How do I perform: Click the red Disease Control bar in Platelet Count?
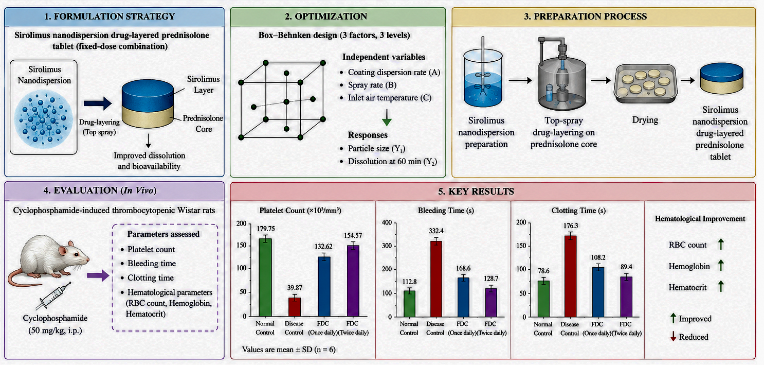click(295, 307)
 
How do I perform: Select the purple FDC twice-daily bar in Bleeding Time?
click(491, 303)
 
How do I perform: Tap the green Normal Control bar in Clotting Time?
click(543, 299)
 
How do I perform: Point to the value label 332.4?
click(436, 231)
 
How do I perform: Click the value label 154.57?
click(353, 235)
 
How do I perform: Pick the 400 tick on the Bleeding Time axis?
click(387, 222)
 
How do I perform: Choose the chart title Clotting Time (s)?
click(578, 211)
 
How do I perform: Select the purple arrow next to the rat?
click(98, 275)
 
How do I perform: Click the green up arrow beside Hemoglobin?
click(721, 265)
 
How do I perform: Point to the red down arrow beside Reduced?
click(674, 337)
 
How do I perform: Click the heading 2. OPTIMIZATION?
click(326, 16)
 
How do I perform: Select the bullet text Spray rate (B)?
click(372, 85)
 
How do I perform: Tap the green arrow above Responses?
click(387, 117)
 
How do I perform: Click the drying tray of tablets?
click(645, 83)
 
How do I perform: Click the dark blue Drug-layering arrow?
click(98, 103)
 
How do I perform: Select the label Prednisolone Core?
click(203, 124)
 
